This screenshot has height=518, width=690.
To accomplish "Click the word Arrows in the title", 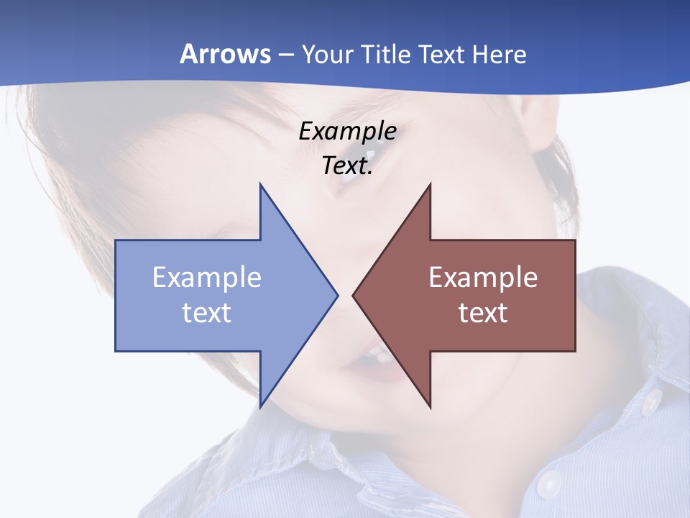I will (226, 54).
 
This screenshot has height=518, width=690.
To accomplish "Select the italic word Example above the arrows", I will (347, 131).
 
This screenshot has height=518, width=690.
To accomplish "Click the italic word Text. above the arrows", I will (347, 165).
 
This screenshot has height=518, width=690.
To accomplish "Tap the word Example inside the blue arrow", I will (206, 278).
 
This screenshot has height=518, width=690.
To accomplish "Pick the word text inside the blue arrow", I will (206, 313).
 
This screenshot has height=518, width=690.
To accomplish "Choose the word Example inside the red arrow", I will (483, 278).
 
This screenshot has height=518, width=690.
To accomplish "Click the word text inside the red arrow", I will (483, 313).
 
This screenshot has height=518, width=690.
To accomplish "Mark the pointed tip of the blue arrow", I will (337, 295).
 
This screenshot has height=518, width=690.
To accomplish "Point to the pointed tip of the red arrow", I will (353, 295).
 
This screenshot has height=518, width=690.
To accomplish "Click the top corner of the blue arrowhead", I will (260, 184).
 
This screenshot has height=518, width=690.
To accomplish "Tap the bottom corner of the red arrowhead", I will (430, 407).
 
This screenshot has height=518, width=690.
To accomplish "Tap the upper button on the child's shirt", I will (652, 401).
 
